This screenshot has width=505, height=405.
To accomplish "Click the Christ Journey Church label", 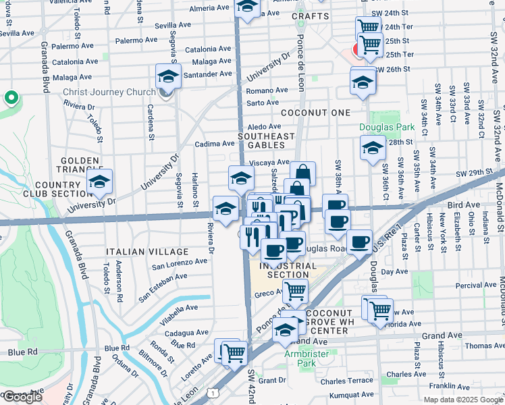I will [x=108, y=92].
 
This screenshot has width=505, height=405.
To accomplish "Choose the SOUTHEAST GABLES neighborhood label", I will [x=267, y=140].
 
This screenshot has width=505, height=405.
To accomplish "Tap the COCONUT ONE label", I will [x=316, y=112].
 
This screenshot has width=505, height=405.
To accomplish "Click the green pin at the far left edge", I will [x=11, y=99].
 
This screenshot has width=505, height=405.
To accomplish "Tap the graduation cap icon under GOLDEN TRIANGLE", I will [x=99, y=182].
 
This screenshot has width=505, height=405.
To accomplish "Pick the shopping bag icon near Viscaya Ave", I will [x=302, y=173].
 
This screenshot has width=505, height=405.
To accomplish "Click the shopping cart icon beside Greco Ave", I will [x=295, y=292].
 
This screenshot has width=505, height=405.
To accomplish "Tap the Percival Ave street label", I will [x=475, y=286].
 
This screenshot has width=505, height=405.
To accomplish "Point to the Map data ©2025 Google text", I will [x=463, y=400].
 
